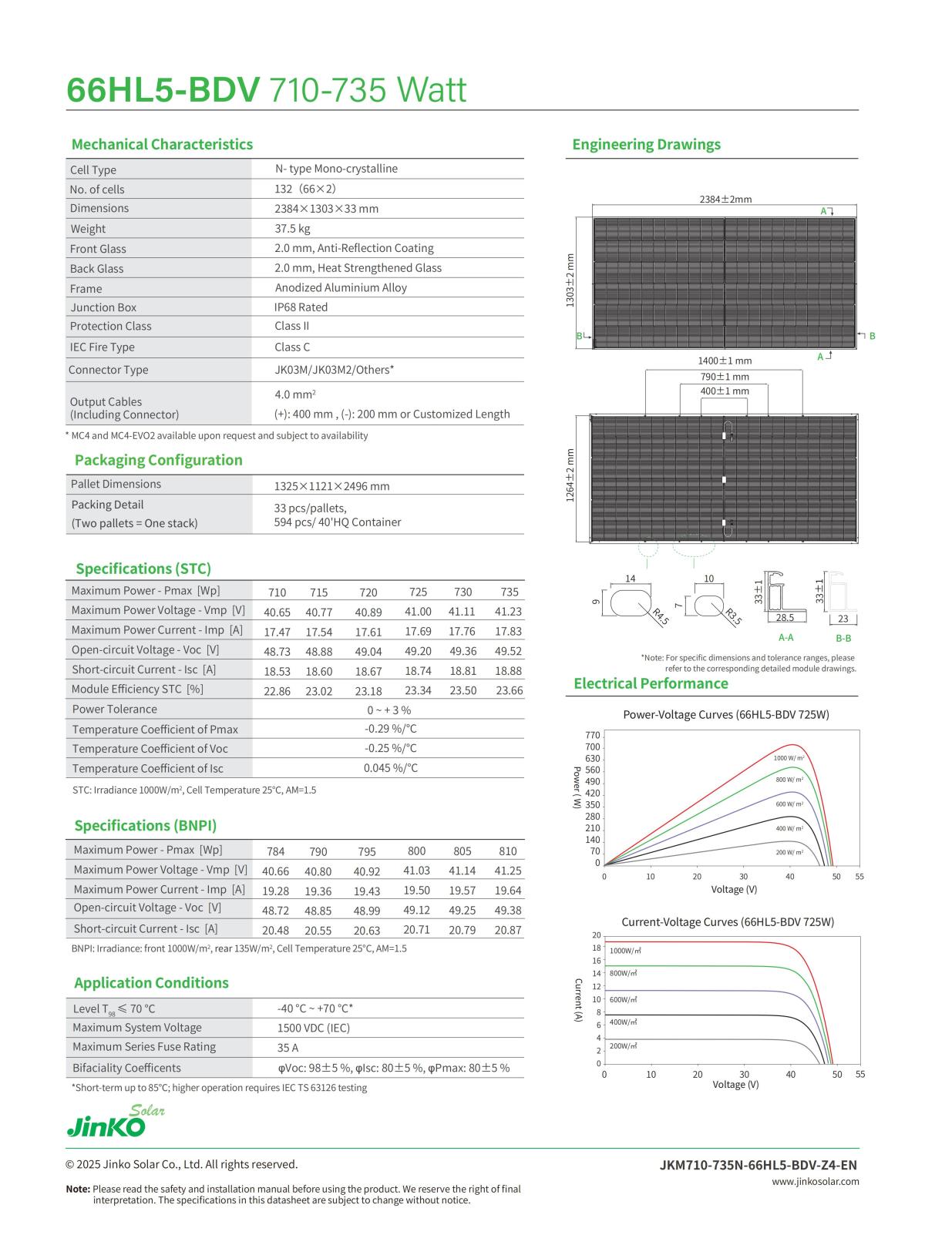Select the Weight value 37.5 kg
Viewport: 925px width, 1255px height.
(292, 229)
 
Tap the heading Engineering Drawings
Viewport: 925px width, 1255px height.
(646, 144)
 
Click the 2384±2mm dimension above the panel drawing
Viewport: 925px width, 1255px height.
(725, 199)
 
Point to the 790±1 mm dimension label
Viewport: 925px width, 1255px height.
(725, 377)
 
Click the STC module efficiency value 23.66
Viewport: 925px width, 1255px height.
(509, 690)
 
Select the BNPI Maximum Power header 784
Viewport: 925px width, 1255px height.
(275, 851)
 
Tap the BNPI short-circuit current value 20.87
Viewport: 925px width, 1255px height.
(508, 930)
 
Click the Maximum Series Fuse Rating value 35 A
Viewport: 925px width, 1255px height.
(288, 1048)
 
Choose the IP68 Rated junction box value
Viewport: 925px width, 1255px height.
(301, 307)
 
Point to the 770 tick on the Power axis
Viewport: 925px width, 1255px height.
(593, 735)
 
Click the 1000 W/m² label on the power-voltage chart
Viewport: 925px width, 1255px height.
(789, 758)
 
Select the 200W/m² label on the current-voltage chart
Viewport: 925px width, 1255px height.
(623, 1045)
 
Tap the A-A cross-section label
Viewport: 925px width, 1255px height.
(785, 637)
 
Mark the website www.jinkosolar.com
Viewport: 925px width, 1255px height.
(815, 1181)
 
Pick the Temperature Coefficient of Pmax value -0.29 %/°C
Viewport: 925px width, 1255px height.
(390, 729)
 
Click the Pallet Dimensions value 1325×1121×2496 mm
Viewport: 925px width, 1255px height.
(331, 486)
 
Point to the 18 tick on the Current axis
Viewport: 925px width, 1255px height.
(597, 948)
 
